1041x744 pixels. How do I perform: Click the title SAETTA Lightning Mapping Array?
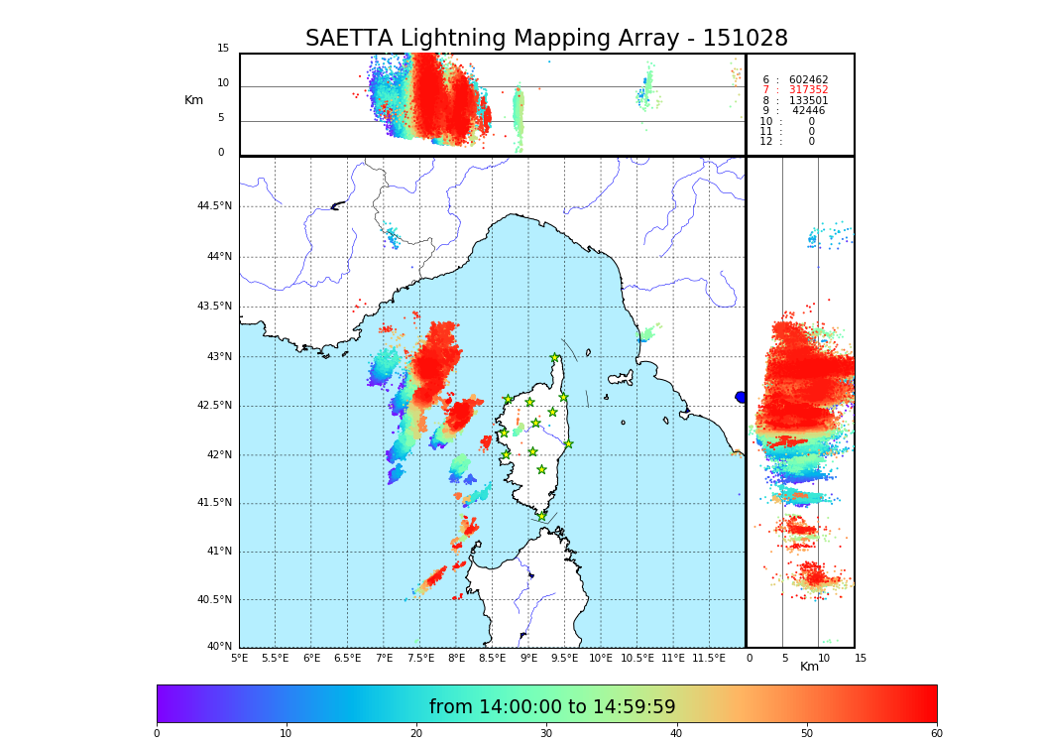[546, 39]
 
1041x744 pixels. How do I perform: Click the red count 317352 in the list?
[808, 90]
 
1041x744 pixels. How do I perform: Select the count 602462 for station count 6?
[808, 80]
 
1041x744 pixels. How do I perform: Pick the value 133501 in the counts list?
[808, 101]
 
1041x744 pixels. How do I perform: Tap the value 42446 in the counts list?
[808, 111]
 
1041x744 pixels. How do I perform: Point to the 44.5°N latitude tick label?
[214, 206]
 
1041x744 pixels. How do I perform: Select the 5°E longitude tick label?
[239, 658]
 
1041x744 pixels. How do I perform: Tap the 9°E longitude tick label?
[528, 658]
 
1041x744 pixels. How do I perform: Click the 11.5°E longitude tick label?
[709, 658]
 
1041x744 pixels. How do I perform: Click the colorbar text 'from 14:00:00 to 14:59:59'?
[552, 707]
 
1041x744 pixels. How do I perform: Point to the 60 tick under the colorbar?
[936, 734]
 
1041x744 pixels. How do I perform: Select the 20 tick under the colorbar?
[416, 734]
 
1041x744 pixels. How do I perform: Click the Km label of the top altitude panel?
[193, 100]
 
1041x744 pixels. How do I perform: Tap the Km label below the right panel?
[809, 667]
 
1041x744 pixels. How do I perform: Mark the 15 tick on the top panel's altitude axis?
[223, 49]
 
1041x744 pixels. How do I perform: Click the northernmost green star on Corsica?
[555, 358]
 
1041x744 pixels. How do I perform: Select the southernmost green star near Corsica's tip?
[541, 516]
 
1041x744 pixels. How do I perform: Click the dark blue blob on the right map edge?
[741, 397]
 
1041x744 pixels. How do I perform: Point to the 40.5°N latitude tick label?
[214, 600]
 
